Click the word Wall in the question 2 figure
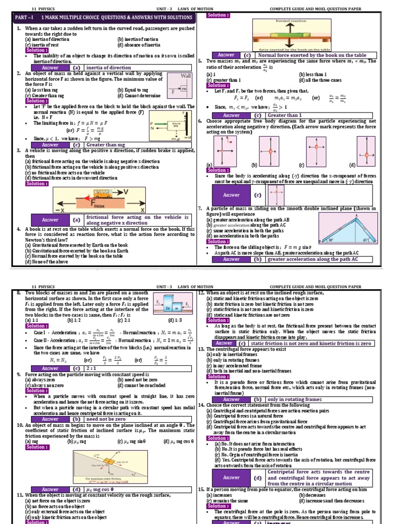point(185,76)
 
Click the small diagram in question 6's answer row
point(276,194)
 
